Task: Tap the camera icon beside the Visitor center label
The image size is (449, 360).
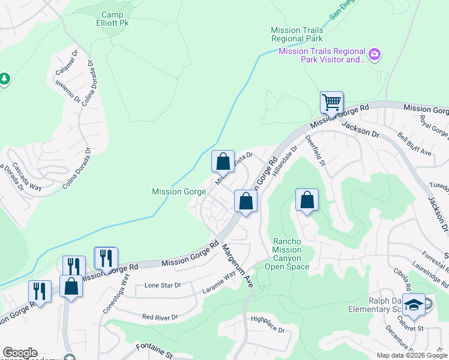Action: click(x=375, y=55)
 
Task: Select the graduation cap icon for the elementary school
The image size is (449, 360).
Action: click(x=413, y=305)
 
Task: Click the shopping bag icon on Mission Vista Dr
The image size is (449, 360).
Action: click(x=223, y=161)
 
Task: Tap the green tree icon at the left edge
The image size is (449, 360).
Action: click(x=4, y=79)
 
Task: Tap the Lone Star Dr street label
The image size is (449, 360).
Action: click(x=163, y=286)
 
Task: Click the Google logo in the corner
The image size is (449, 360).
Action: click(x=19, y=353)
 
